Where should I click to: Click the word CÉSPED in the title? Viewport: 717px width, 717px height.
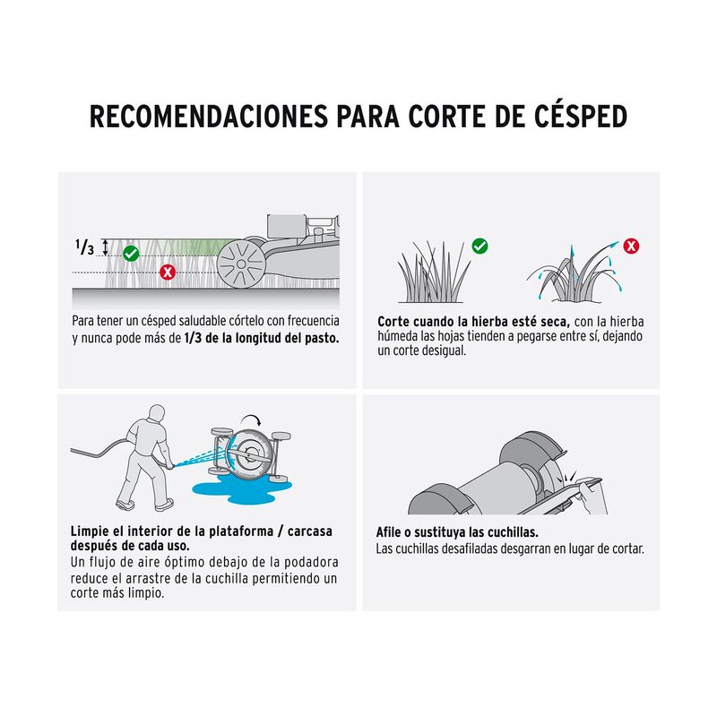(x=581, y=117)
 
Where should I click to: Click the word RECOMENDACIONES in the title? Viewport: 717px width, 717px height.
(x=209, y=117)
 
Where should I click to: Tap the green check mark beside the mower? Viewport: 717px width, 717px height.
(x=131, y=254)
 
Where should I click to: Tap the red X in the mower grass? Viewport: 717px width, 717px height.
(x=168, y=272)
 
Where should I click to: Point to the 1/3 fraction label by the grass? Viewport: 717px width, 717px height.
(x=84, y=247)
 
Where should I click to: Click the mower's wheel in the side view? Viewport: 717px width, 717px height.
(x=241, y=263)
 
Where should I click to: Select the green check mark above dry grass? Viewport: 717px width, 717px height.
(x=479, y=246)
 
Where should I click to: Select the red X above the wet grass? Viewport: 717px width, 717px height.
(x=632, y=246)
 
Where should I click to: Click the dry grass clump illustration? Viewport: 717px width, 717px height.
(x=433, y=273)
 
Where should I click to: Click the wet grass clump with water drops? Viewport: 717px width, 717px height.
(x=574, y=273)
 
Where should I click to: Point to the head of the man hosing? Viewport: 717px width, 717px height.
(x=157, y=413)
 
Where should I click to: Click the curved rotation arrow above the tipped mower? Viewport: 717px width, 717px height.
(x=252, y=418)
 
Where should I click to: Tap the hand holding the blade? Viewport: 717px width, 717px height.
(x=593, y=497)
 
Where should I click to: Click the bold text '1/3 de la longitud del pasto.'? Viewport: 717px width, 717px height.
(x=262, y=339)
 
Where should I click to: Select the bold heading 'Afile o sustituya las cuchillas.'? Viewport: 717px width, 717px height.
(x=457, y=532)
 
